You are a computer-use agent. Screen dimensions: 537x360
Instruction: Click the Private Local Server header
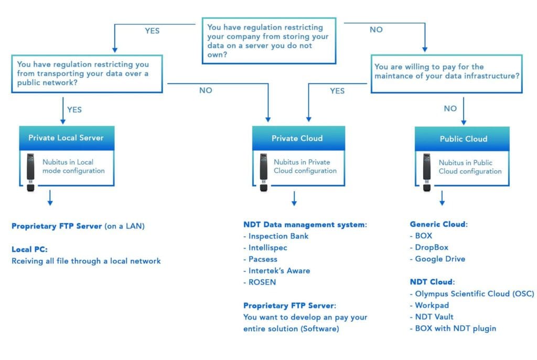pyautogui.click(x=67, y=138)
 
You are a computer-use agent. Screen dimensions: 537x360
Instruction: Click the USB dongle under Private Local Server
pyautogui.click(x=30, y=172)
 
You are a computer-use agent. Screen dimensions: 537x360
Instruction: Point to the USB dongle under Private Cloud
pyautogui.click(x=263, y=172)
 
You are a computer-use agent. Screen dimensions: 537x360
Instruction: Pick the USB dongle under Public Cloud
pyautogui.click(x=427, y=172)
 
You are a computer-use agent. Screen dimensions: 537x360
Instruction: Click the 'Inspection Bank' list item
pyautogui.click(x=276, y=236)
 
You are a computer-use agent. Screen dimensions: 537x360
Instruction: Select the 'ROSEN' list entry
pyautogui.click(x=260, y=282)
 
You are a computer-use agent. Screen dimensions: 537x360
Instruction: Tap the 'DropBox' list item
pyautogui.click(x=429, y=247)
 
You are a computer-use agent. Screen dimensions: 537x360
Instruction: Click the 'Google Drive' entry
pyautogui.click(x=438, y=259)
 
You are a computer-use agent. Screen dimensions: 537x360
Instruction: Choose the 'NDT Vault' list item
pyautogui.click(x=432, y=317)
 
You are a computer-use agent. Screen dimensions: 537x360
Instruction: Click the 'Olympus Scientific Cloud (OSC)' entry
pyautogui.click(x=472, y=294)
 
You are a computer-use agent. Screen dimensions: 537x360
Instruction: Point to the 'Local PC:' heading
pyautogui.click(x=29, y=249)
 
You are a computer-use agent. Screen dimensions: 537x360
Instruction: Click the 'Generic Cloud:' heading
pyautogui.click(x=439, y=224)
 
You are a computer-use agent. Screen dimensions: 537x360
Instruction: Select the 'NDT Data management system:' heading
pyautogui.click(x=305, y=225)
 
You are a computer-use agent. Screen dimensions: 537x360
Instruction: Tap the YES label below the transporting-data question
pyautogui.click(x=74, y=110)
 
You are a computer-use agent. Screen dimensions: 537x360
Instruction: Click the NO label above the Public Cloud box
pyautogui.click(x=450, y=109)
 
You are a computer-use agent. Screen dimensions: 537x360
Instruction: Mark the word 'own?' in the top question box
pyautogui.click(x=217, y=54)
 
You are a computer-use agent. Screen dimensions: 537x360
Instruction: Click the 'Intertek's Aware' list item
pyautogui.click(x=277, y=271)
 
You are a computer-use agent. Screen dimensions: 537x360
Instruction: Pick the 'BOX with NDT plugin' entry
pyautogui.click(x=453, y=329)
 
